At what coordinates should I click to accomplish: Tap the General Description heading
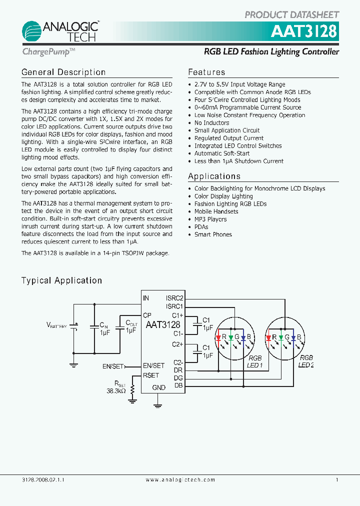pos(63,72)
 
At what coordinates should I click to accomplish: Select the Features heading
pos(206,72)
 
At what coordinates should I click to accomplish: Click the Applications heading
pos(214,176)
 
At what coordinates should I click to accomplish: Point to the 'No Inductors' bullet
pos(211,123)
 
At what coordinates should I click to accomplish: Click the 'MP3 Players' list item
pos(210,219)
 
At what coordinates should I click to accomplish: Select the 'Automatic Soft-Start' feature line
pos(221,153)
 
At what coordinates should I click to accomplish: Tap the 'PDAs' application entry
pos(201,227)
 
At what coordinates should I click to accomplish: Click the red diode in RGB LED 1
pos(218,338)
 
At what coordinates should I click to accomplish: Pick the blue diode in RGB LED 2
pos(293,338)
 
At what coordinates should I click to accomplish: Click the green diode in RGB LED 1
pos(231,338)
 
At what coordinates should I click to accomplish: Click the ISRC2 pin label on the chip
pos(174,298)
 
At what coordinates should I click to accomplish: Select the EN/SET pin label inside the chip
pos(154,366)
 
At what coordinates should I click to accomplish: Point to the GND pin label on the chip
pos(158,387)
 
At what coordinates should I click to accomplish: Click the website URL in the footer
pos(180,480)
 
